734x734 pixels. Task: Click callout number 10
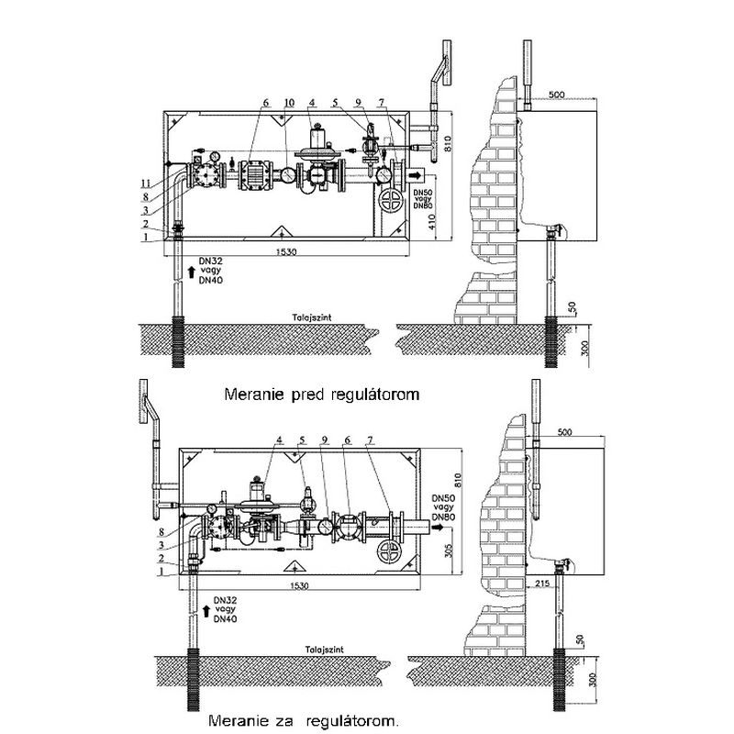click(x=291, y=102)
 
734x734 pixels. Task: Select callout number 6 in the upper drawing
click(x=263, y=102)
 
